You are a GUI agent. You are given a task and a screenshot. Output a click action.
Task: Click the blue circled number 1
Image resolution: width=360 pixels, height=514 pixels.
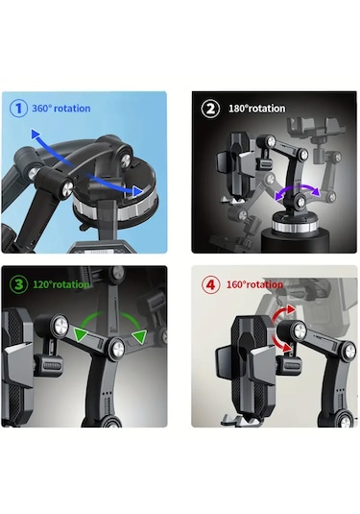(18, 108)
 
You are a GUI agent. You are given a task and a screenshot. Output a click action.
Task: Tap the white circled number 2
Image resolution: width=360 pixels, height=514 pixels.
(210, 109)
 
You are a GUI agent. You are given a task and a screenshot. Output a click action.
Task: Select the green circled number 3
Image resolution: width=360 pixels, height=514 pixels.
(18, 284)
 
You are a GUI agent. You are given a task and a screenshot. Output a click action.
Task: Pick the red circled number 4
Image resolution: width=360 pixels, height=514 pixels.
(210, 284)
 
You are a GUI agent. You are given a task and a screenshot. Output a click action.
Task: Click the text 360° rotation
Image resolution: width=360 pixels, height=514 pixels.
(61, 109)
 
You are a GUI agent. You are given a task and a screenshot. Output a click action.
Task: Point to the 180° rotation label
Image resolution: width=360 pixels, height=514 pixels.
(257, 109)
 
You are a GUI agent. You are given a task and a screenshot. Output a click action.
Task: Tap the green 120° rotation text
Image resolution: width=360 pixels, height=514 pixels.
(60, 284)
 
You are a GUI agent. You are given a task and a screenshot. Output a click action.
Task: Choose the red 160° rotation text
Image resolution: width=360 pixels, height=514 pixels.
(254, 284)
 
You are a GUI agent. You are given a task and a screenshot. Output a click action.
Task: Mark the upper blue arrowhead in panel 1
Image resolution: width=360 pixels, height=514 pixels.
(36, 135)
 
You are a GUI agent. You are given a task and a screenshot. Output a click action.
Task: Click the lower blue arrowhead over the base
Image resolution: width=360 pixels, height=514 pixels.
(137, 191)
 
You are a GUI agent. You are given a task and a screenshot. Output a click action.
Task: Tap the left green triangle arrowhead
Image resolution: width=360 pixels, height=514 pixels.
(80, 334)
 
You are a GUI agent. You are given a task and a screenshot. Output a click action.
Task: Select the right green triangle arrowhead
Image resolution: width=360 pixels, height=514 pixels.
(139, 336)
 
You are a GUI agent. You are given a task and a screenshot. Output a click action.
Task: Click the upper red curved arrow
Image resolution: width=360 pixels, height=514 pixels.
(281, 314)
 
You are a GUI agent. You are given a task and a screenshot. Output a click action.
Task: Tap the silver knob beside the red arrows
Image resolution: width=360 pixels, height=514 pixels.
(300, 330)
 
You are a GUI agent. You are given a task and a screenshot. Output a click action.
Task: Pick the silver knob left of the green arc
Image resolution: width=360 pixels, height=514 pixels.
(60, 326)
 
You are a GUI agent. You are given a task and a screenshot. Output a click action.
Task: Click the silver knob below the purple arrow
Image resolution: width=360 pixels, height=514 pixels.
(300, 202)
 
